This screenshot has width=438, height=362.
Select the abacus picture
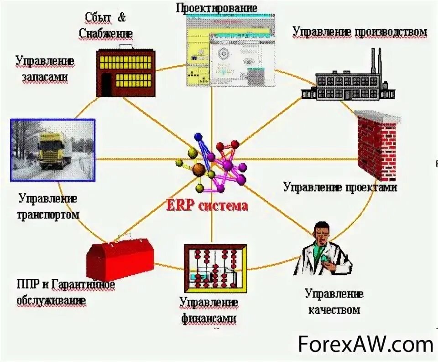215,268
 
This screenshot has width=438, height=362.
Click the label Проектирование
217,8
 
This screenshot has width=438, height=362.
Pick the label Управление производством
360,32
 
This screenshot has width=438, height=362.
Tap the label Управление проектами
340,187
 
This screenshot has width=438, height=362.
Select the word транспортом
49,215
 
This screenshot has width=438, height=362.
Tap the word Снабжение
105,33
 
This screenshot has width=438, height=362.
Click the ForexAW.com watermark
365,344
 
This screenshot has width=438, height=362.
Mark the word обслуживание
51,301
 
